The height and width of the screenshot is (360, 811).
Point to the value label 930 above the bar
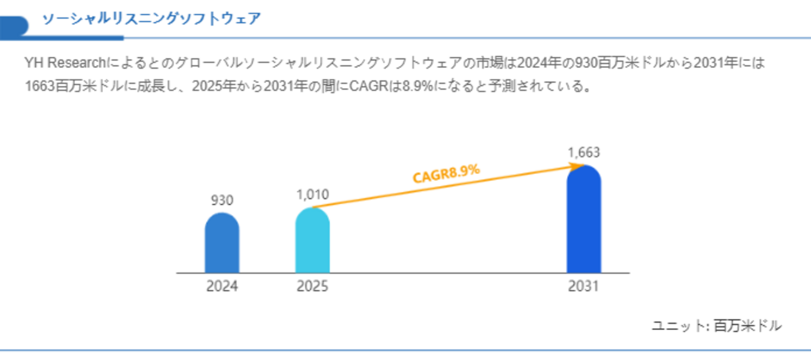(x=221, y=201)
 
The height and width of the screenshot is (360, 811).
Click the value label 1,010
(x=312, y=195)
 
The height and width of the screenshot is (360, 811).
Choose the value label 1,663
(x=583, y=153)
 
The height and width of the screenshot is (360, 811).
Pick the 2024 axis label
(x=221, y=287)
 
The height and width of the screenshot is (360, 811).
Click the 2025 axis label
(x=312, y=287)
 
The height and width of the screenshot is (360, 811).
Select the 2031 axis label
(x=583, y=287)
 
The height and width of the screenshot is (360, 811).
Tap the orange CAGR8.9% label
(x=446, y=173)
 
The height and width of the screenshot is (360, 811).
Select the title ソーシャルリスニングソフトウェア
(x=151, y=19)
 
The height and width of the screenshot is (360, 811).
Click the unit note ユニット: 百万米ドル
(x=716, y=326)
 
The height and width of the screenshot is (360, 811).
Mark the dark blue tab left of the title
(x=14, y=26)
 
